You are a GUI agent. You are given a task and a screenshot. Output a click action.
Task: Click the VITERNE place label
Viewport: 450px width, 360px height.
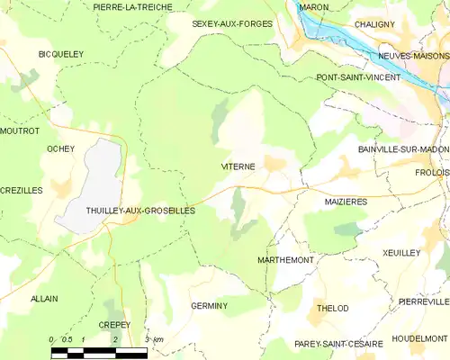(x=238, y=167)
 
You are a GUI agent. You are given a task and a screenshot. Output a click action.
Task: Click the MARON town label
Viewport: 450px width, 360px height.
(x=314, y=7)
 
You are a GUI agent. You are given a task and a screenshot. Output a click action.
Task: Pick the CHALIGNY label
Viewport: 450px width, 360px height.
(x=374, y=24)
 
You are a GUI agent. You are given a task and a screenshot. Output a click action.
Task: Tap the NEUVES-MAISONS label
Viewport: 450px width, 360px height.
(x=415, y=56)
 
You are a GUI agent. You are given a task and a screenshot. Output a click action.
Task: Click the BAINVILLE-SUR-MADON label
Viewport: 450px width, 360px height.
(x=402, y=148)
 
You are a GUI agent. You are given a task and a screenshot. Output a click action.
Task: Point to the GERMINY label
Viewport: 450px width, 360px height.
(x=209, y=306)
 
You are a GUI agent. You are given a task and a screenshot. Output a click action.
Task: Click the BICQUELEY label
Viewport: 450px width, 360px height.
(x=60, y=54)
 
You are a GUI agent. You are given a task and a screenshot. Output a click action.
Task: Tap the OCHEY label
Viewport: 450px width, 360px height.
(x=60, y=148)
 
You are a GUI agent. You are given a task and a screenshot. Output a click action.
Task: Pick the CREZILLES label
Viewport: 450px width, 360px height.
(x=22, y=191)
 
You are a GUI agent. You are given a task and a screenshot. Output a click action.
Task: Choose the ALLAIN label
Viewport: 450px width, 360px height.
(x=43, y=298)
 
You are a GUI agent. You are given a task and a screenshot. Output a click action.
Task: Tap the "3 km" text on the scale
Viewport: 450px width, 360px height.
(x=154, y=339)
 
